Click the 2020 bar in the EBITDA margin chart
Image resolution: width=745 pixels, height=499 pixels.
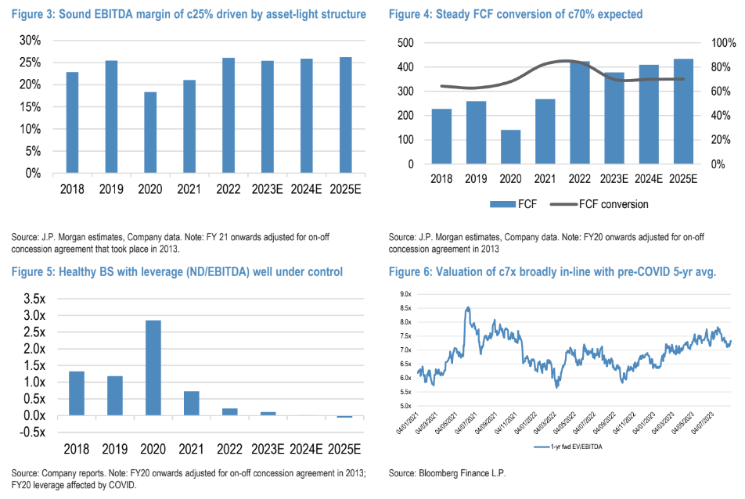coord(149,132)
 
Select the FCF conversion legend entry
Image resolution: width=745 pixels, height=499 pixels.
coord(614,204)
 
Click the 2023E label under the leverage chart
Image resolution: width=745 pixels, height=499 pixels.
coord(268,450)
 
